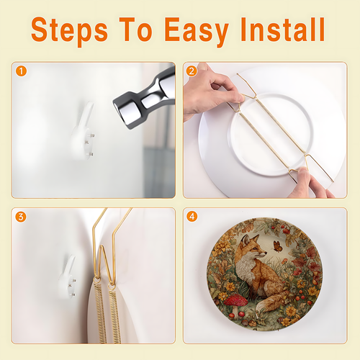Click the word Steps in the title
(x=69, y=30)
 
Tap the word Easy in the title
(x=197, y=31)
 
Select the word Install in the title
(x=283, y=30)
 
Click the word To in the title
(x=135, y=30)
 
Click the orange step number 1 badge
(x=21, y=71)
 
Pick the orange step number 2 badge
(x=192, y=71)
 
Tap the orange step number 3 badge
(x=21, y=217)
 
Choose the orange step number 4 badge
(x=192, y=217)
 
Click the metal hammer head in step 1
(x=144, y=99)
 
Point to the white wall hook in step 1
(x=83, y=132)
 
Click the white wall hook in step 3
(x=68, y=279)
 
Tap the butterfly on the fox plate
(x=278, y=247)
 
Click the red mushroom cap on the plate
(x=235, y=300)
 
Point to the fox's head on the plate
(x=252, y=247)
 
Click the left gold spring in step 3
(x=100, y=312)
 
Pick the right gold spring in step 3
(x=114, y=315)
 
